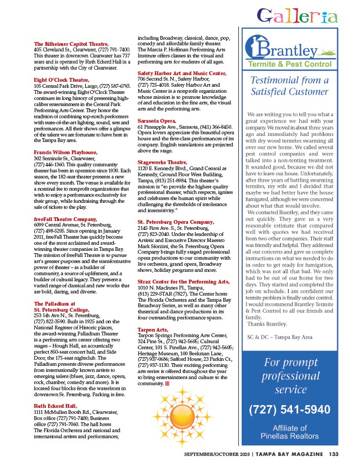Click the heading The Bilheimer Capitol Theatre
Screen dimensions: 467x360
point(71,44)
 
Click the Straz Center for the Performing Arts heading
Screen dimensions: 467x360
point(181,282)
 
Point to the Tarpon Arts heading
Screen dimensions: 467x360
point(153,329)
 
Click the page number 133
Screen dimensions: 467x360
point(333,454)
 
